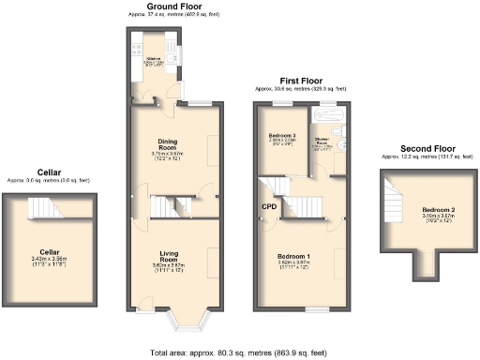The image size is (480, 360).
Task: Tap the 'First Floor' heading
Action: [304, 82]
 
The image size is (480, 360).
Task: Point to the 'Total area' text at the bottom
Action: [240, 352]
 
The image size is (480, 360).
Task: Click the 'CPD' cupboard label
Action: [269, 205]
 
